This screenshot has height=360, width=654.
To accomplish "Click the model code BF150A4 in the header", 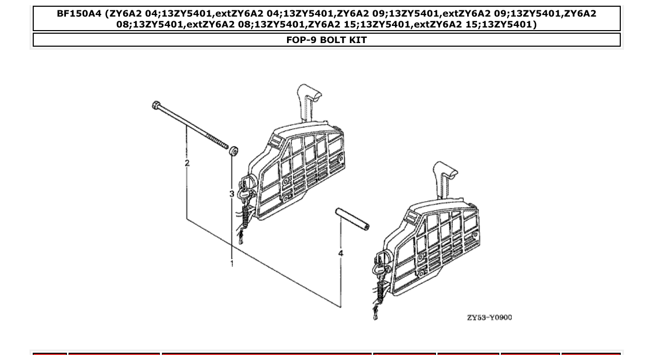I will [79, 14].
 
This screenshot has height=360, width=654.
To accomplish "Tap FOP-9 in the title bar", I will [302, 40].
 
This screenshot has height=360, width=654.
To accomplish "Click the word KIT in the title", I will [358, 40].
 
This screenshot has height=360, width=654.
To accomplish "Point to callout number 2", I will [187, 163].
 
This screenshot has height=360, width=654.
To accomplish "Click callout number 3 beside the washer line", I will [232, 193].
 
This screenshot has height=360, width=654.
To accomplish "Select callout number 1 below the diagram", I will [232, 264].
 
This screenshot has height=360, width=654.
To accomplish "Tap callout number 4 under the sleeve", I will [340, 253].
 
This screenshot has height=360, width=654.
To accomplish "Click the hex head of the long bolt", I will [156, 106].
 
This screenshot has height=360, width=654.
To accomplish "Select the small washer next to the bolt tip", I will [234, 151].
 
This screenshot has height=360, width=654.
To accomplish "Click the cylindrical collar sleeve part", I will [352, 218].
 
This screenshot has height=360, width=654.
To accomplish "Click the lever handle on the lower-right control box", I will [445, 173].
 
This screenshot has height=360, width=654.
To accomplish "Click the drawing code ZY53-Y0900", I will [489, 317].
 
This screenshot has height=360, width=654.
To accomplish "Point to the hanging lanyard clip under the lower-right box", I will [375, 314].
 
